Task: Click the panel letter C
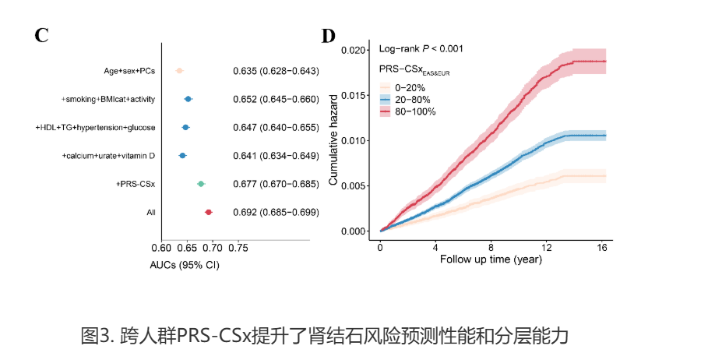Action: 43,35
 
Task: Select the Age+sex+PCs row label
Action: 129,71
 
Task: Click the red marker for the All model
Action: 209,212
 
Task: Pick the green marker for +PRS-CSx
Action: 201,184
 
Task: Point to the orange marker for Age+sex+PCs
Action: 179,71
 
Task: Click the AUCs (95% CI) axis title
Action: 184,265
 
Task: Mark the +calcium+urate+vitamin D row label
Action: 108,156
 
